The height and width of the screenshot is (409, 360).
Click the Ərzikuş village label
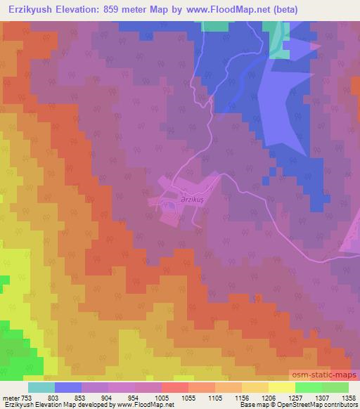[x=191, y=199]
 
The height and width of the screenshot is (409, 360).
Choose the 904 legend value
[x=115, y=397]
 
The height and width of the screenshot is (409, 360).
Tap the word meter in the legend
[x=11, y=397]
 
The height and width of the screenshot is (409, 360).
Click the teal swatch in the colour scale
[x=41, y=387]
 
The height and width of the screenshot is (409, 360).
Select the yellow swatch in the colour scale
[x=282, y=387]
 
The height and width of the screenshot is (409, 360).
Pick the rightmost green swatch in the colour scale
[x=335, y=387]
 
